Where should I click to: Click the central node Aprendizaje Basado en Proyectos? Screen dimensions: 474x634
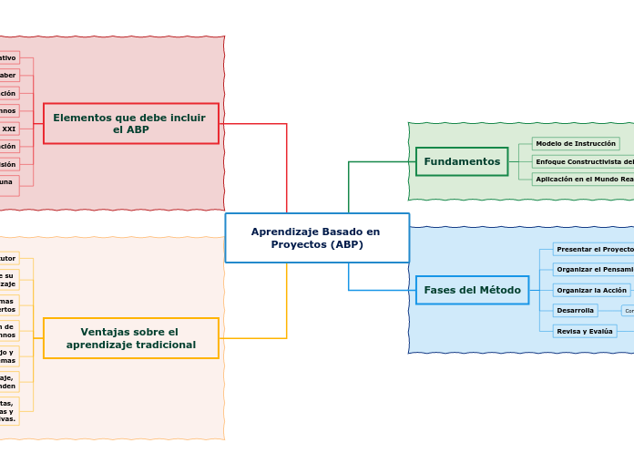[x=317, y=238]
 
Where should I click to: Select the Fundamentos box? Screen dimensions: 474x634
[x=462, y=161]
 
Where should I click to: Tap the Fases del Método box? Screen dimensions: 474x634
[x=472, y=290]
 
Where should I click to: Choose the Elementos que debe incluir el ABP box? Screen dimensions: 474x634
[x=131, y=123]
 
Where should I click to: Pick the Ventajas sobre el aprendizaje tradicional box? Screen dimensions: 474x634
[x=131, y=338]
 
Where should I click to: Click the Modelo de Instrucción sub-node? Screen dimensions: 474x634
[x=576, y=143]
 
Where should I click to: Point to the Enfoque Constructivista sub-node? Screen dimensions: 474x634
[x=584, y=161]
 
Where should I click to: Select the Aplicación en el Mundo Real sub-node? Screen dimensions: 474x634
[x=584, y=180]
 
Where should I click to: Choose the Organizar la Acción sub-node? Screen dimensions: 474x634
[x=591, y=290]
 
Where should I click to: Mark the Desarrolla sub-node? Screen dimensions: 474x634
[x=575, y=311]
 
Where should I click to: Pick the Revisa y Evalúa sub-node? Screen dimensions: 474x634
[x=584, y=331]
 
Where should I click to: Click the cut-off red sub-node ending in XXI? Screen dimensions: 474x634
[x=9, y=129]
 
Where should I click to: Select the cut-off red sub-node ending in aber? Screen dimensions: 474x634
[x=8, y=75]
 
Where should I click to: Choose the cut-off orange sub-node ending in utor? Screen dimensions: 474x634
[x=8, y=258]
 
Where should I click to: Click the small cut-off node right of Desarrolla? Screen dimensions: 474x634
[x=628, y=311]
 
